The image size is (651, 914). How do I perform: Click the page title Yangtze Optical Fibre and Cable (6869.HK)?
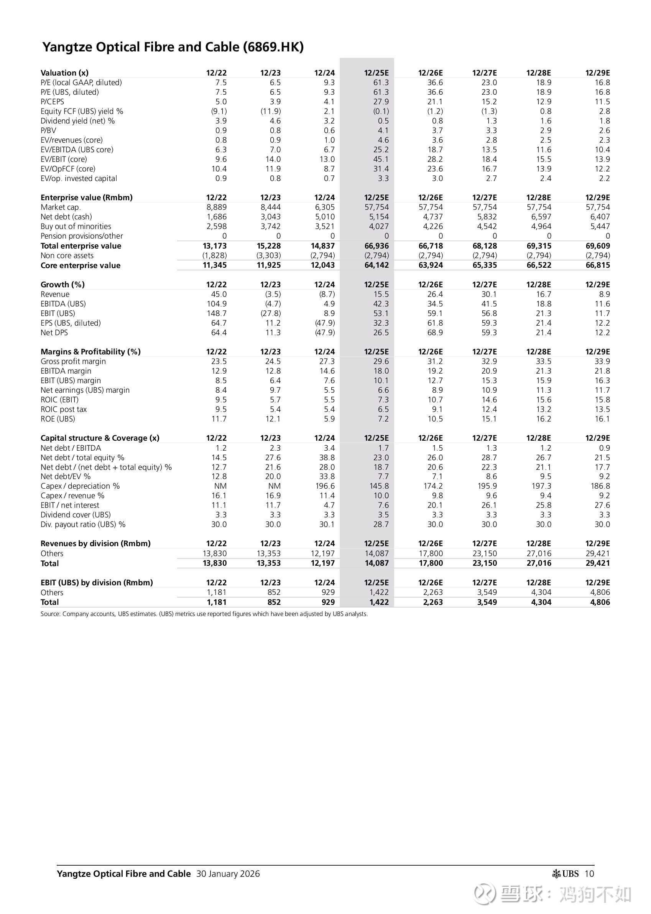point(173,47)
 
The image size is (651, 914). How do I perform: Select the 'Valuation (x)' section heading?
point(64,73)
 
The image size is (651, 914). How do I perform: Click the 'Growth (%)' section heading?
point(62,285)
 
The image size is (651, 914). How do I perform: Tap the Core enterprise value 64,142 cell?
point(376,265)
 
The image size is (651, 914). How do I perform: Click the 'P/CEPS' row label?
point(52,102)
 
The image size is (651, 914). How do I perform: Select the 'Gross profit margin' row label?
point(73,361)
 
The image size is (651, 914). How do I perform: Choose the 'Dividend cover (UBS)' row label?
point(76,515)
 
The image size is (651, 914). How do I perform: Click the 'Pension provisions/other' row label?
point(82,236)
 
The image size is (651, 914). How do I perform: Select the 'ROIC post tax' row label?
point(64,410)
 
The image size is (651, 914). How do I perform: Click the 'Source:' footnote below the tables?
point(204,614)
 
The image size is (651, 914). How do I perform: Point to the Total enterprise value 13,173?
point(214,246)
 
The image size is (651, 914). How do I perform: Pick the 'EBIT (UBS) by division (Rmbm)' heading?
point(97,583)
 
